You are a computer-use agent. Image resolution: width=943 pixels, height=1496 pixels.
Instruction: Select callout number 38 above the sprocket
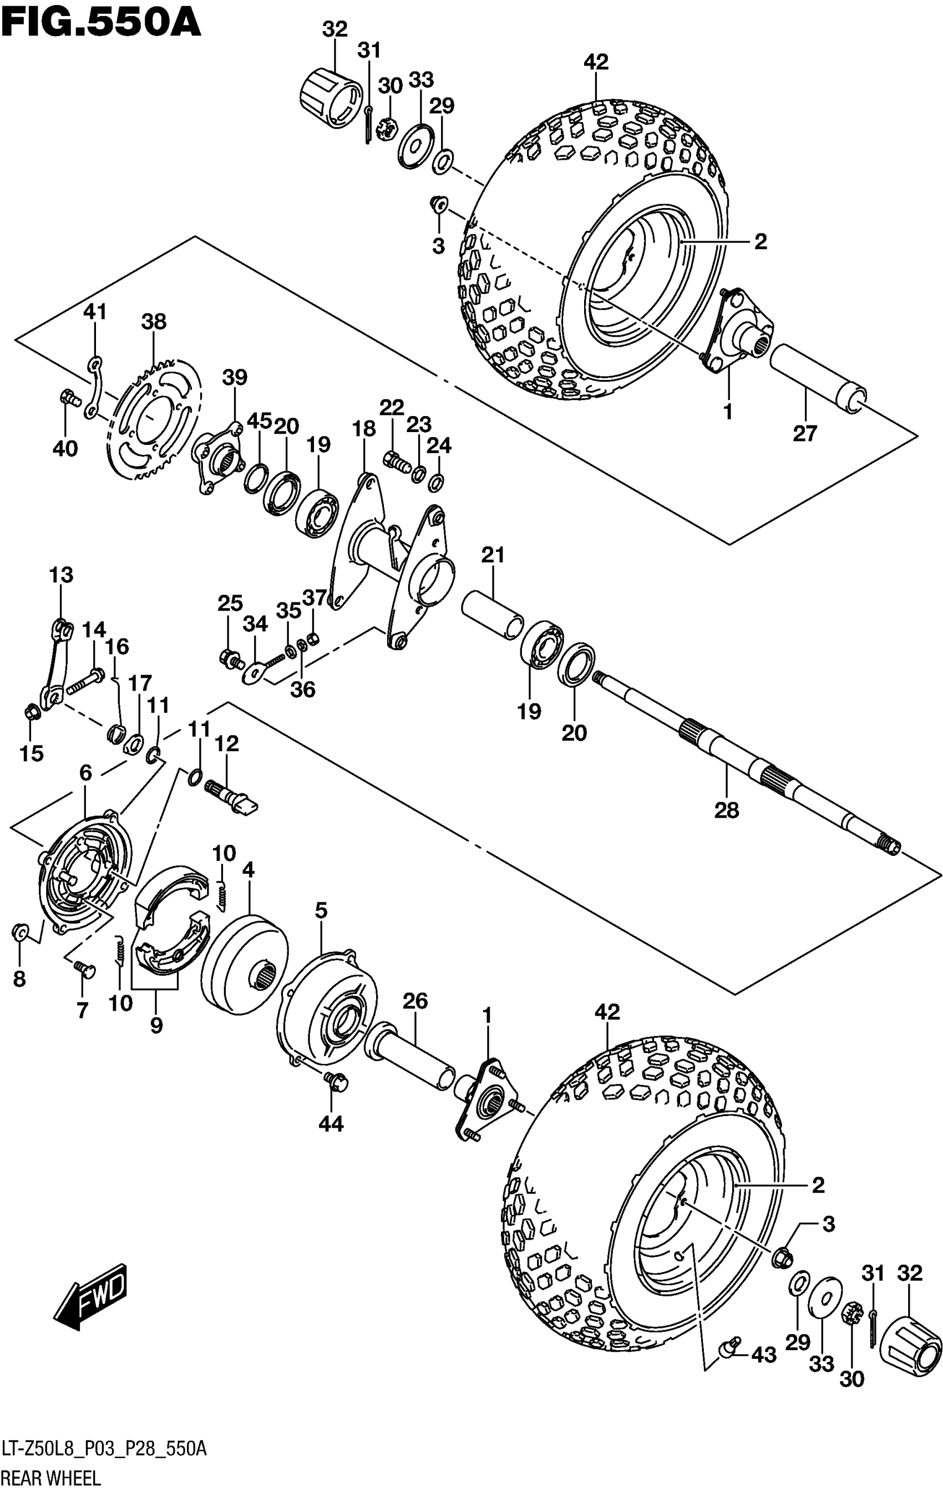click(x=154, y=322)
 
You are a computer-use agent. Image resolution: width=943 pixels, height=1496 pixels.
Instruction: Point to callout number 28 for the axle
click(x=727, y=810)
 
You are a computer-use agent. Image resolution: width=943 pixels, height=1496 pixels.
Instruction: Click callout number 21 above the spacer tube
click(x=493, y=555)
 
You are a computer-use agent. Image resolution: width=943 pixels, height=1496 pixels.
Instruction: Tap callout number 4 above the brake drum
click(x=249, y=870)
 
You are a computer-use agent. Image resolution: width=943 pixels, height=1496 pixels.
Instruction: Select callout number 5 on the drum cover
click(x=321, y=911)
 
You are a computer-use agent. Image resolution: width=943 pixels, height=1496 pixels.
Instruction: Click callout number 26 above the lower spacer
click(x=415, y=1001)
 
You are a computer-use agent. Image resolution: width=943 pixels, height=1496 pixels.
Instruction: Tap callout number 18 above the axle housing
click(x=364, y=429)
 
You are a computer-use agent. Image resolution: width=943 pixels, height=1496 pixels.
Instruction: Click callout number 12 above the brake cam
click(x=227, y=744)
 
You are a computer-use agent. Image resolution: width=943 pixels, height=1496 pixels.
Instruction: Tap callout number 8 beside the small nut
click(x=19, y=979)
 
